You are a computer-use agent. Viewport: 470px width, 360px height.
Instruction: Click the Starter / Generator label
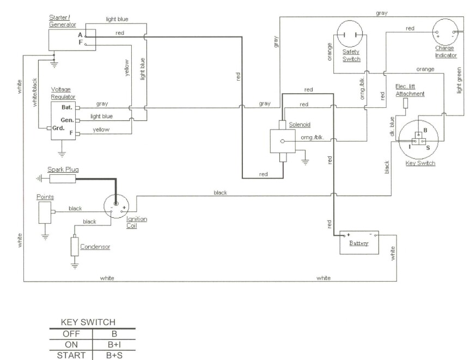[x=62, y=21]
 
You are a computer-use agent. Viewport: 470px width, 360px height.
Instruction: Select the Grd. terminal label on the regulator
[x=58, y=128]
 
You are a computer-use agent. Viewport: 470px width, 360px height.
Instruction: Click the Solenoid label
[x=300, y=125]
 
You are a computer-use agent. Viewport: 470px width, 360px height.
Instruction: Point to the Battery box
[x=359, y=242]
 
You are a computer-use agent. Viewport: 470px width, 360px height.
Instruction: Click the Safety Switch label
[x=351, y=56]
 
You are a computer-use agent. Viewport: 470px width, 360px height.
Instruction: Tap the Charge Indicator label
[x=445, y=52]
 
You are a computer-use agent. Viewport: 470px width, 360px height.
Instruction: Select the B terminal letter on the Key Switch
[x=425, y=130]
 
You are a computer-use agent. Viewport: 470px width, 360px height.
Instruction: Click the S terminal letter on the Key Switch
[x=428, y=148]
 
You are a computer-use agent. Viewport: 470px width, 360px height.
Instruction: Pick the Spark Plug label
[x=63, y=169]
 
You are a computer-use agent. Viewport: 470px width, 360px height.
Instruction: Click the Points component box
[x=45, y=212]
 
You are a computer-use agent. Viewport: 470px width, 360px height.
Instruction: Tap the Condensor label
[x=95, y=247]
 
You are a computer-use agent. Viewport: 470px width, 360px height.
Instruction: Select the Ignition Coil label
[x=136, y=222]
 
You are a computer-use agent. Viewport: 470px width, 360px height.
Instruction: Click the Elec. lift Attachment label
[x=410, y=90]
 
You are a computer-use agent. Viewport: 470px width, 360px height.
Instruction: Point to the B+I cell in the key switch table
[x=114, y=345]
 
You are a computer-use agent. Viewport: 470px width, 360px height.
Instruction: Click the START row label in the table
[x=71, y=355]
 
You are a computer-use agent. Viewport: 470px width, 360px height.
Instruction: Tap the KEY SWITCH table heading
[x=88, y=322]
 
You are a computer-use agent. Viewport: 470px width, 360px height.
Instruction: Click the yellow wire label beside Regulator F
[x=101, y=130]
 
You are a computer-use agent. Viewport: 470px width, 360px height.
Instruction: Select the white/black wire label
[x=34, y=93]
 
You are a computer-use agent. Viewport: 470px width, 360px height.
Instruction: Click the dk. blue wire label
[x=392, y=126]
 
